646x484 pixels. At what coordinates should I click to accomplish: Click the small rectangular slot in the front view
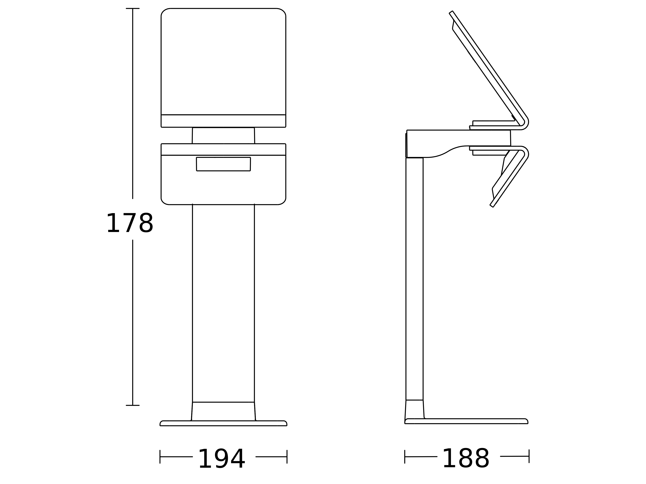click(x=223, y=164)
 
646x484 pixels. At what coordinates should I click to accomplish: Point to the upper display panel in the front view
click(x=223, y=62)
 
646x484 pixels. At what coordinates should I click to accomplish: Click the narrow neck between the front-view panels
click(x=223, y=136)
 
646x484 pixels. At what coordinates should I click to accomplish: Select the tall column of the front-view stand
click(x=223, y=303)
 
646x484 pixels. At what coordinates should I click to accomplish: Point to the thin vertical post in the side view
click(x=414, y=279)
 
